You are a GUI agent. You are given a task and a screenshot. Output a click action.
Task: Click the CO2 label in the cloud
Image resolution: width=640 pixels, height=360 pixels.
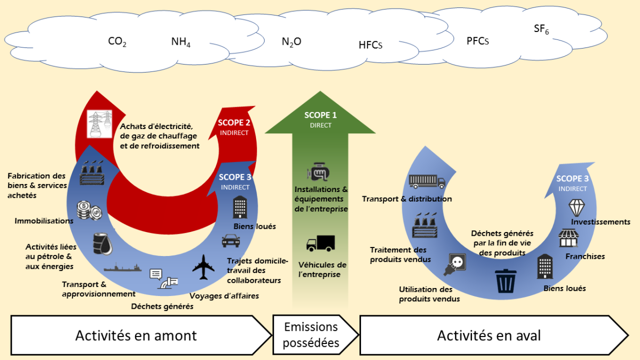(117, 42)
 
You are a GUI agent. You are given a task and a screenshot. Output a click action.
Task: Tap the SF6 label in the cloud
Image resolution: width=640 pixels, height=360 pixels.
(541, 29)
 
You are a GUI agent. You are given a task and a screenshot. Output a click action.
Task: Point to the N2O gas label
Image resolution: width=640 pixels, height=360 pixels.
(291, 41)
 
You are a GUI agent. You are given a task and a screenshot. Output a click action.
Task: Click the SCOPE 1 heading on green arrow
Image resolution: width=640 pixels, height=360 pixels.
(321, 115)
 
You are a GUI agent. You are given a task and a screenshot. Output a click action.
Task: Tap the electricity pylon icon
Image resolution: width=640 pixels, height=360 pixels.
(99, 124)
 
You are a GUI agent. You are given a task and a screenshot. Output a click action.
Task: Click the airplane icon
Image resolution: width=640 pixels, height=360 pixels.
(203, 267)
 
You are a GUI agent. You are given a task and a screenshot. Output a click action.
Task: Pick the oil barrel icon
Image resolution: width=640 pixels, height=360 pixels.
(102, 244)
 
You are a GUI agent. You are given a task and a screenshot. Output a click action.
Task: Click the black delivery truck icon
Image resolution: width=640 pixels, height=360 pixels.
(320, 243)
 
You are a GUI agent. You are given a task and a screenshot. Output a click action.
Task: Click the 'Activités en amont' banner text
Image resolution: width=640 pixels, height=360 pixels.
(136, 335)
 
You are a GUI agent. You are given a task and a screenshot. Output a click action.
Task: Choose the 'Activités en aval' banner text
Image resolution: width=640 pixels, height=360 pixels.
(489, 335)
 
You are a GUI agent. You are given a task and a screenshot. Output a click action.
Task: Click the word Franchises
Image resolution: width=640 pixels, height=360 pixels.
(585, 257)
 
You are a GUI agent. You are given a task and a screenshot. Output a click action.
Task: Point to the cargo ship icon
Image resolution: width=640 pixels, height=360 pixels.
(123, 267)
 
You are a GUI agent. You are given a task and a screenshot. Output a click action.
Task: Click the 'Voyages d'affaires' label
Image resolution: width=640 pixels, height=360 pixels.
(224, 295)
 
